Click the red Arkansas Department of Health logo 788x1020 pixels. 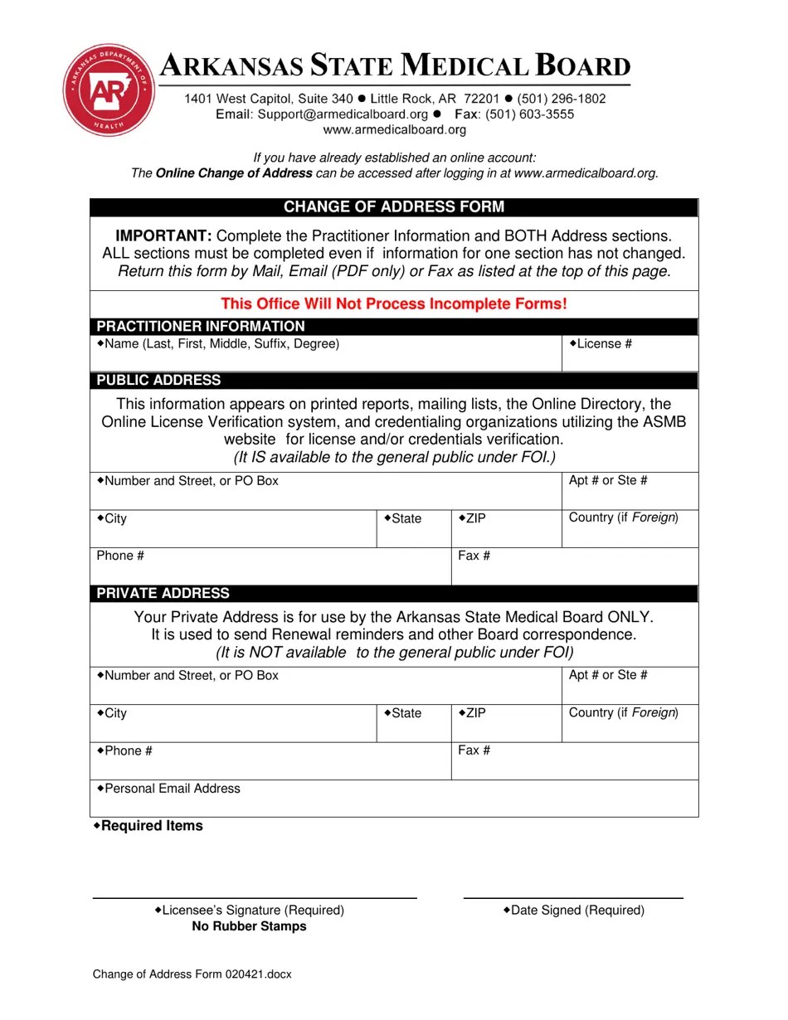(x=109, y=90)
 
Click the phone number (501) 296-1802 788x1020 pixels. (x=562, y=99)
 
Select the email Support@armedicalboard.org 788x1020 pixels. (x=343, y=114)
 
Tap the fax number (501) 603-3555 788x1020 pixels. (x=529, y=114)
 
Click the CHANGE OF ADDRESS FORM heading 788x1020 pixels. (x=394, y=207)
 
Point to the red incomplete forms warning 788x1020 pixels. (x=394, y=304)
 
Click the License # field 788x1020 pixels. (x=630, y=354)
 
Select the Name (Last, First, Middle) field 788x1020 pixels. (x=326, y=354)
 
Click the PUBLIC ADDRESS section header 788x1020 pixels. (x=159, y=381)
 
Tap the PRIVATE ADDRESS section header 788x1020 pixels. (x=163, y=594)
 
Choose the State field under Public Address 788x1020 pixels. (x=414, y=529)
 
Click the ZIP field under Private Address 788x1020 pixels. (x=507, y=723)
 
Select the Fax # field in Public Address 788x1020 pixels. (x=575, y=566)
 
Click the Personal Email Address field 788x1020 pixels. (x=394, y=799)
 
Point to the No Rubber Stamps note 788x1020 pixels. (x=249, y=926)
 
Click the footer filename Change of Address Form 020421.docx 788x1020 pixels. (x=192, y=974)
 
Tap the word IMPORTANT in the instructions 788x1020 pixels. (x=163, y=236)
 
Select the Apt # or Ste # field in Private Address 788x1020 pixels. (x=630, y=686)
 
